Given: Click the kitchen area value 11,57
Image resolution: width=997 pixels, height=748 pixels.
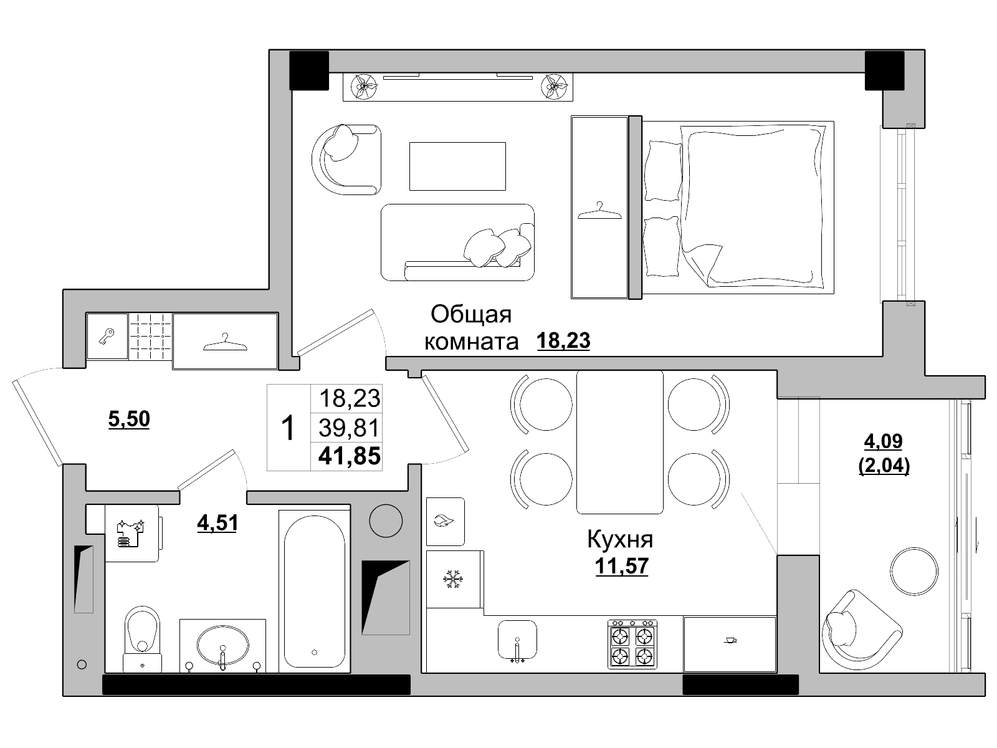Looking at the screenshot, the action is point(621,567).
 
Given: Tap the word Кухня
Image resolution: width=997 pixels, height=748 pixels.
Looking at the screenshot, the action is point(620,540).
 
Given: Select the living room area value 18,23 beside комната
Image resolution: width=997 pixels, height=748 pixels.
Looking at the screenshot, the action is point(563,340).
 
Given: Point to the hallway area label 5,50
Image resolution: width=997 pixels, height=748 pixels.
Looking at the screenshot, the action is point(129,419).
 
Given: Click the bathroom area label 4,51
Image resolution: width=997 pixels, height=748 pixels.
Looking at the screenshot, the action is point(217,523).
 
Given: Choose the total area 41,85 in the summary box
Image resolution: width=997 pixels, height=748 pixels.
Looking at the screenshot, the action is point(350,456).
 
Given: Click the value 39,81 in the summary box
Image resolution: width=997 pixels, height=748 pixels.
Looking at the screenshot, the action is point(349,428).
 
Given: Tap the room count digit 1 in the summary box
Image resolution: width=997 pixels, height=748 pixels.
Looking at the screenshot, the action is point(288,428).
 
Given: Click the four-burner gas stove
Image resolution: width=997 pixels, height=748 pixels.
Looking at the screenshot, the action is point(632,645).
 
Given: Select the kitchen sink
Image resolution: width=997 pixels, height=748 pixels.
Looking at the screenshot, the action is point(517,640).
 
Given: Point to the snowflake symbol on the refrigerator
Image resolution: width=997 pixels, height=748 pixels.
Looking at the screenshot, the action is point(452,580).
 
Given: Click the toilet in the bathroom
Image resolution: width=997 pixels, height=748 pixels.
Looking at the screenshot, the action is point(142,638).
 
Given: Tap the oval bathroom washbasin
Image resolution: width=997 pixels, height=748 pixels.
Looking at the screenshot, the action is point(222,645).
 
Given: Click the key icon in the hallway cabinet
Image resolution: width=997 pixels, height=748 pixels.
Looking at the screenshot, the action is point(107,337).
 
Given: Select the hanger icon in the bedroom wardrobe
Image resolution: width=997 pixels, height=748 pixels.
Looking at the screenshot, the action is point(599,211).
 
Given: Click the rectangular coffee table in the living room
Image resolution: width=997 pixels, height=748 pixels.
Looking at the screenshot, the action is point(457,166).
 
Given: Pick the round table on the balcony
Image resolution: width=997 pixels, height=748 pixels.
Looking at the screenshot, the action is point(914,572).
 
